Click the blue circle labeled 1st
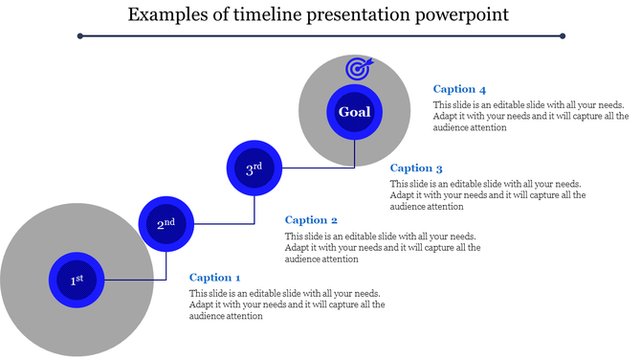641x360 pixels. [77, 280]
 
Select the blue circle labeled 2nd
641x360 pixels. [166, 224]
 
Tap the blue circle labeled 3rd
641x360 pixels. [254, 169]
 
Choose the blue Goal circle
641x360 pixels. [354, 112]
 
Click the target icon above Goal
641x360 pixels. [358, 69]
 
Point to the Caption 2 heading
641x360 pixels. [311, 220]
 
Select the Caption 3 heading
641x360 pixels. [416, 169]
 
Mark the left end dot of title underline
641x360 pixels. [80, 36]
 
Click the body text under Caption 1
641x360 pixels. [287, 304]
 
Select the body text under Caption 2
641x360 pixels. [383, 247]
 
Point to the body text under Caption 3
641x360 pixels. [488, 194]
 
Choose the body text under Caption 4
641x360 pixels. [530, 115]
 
